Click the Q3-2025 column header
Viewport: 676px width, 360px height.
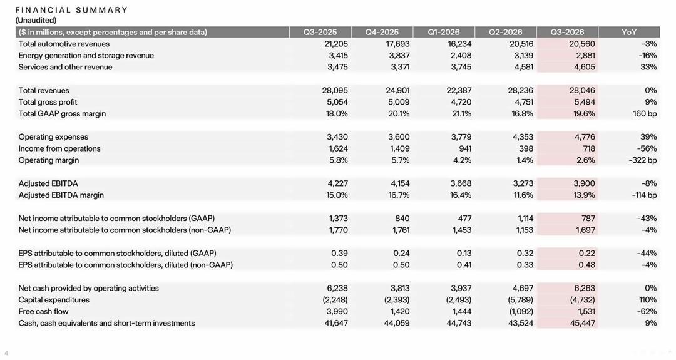(x=320, y=33)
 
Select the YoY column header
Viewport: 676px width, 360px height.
(x=629, y=33)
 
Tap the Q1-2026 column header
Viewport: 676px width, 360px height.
(x=444, y=33)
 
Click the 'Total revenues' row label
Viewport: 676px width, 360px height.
(x=44, y=91)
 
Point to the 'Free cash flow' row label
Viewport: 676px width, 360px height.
(x=44, y=311)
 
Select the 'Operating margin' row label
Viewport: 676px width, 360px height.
(x=49, y=160)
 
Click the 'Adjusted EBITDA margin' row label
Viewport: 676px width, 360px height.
(x=61, y=195)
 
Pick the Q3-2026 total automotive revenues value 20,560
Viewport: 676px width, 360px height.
(x=582, y=44)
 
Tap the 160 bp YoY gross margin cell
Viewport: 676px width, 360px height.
(x=645, y=114)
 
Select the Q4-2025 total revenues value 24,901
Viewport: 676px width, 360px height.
(x=397, y=91)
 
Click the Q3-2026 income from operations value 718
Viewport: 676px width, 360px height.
(x=588, y=149)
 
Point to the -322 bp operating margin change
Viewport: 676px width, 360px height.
(x=642, y=160)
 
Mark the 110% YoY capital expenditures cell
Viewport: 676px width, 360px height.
(x=648, y=300)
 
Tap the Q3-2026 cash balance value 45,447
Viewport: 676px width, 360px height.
(x=583, y=323)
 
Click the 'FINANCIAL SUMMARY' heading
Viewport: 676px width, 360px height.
(x=71, y=10)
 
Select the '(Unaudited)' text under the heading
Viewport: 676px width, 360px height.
(x=36, y=20)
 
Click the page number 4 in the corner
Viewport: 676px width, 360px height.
(x=6, y=353)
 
